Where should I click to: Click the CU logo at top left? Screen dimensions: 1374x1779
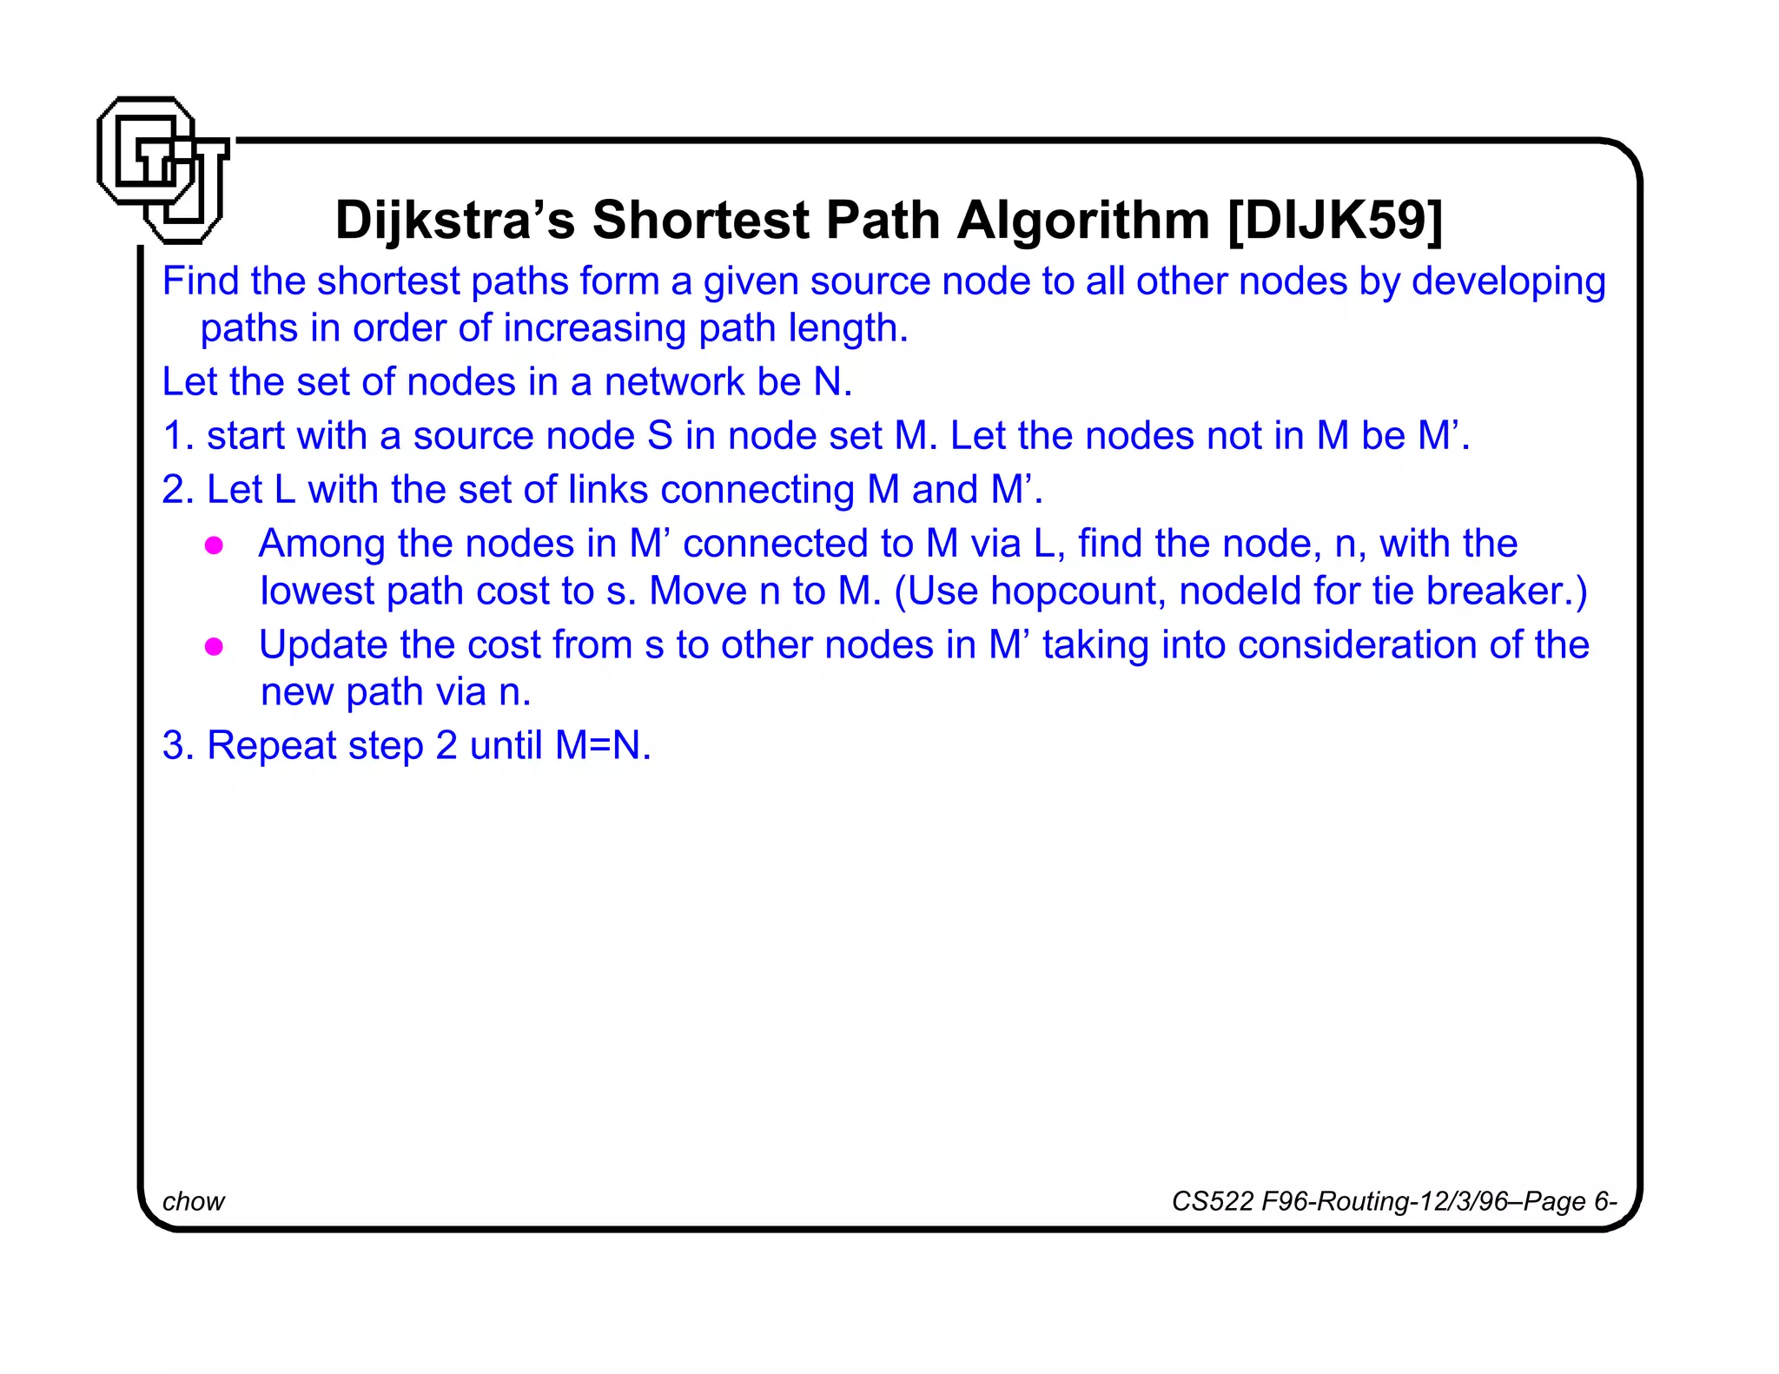(162, 170)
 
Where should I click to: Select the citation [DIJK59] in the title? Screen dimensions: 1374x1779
(1335, 220)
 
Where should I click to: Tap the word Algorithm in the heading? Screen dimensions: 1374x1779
(1082, 220)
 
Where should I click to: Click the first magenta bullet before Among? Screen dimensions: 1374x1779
(215, 545)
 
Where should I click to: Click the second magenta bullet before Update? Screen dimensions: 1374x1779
(215, 646)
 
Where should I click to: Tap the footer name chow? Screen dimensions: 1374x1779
(193, 1201)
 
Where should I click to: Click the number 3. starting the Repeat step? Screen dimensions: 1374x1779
(177, 745)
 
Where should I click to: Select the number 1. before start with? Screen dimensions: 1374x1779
(177, 435)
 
